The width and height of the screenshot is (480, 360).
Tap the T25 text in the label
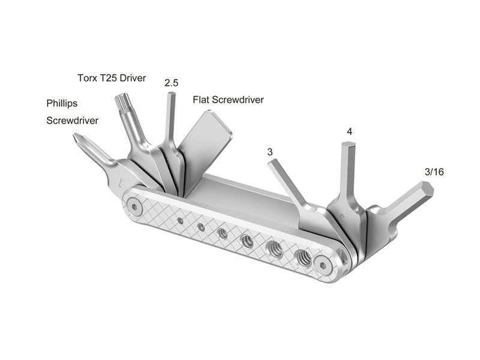click(112, 78)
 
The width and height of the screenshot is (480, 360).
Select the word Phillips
click(62, 103)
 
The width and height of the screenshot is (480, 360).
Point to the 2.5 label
click(172, 83)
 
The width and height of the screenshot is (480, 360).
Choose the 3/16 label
click(434, 172)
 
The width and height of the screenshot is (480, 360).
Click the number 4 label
click(349, 131)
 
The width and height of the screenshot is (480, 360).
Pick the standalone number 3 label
click(270, 152)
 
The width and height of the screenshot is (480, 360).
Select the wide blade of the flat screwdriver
click(207, 147)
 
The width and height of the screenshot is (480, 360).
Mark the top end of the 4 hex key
click(348, 146)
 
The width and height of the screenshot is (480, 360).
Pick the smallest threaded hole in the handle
click(181, 220)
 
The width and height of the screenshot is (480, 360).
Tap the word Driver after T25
click(141, 78)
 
